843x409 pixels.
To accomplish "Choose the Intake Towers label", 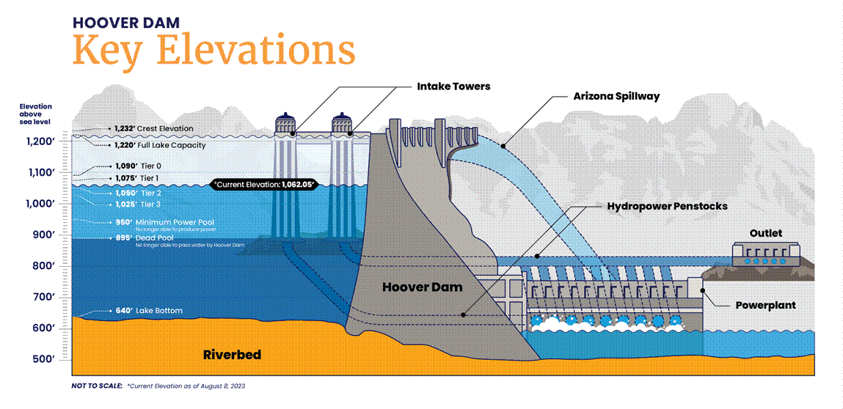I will (x=453, y=86).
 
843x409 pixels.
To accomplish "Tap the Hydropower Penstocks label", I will (x=667, y=207).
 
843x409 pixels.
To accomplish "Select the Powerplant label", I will (x=765, y=305).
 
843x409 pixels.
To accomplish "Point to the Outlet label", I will (x=765, y=233).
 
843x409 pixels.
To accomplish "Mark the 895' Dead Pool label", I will (x=153, y=237).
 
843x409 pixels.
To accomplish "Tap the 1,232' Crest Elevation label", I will (x=154, y=128).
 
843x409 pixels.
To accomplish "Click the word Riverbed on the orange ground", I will (x=232, y=355).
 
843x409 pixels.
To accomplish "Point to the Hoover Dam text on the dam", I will (x=423, y=287).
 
